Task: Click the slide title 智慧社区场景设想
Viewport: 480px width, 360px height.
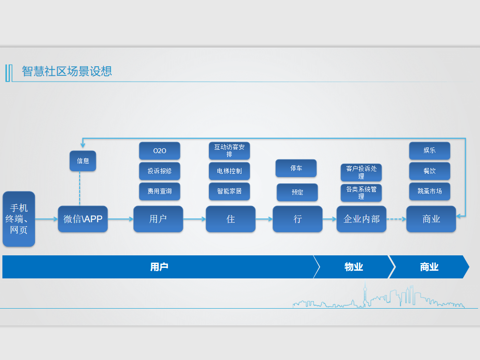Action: tap(67, 72)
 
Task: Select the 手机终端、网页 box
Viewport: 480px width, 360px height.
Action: tap(19, 219)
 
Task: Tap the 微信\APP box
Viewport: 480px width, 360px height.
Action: tap(83, 219)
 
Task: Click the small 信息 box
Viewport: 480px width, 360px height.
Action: tap(83, 161)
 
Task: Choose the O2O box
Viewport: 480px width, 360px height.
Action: tap(159, 151)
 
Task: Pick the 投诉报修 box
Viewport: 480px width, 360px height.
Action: tap(159, 171)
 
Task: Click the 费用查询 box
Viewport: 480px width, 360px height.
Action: tap(159, 191)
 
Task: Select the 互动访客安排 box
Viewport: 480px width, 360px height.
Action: tap(229, 151)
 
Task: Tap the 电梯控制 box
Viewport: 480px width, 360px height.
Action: tap(229, 171)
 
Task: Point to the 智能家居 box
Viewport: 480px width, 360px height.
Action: tap(229, 191)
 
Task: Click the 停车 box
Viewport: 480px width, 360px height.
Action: tap(296, 168)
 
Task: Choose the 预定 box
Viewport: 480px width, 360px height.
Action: tap(297, 192)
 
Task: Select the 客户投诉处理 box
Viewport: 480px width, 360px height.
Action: tap(361, 172)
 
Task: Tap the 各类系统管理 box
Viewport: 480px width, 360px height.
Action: tap(361, 192)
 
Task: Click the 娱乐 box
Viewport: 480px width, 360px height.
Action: tap(430, 150)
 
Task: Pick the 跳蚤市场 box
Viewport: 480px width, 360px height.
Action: tap(430, 191)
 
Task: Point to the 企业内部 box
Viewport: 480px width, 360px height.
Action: tap(361, 219)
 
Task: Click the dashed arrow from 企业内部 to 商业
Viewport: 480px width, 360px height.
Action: tap(396, 219)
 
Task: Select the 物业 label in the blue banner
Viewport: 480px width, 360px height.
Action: tap(354, 267)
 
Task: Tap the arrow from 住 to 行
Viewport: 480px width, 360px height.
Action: tap(264, 219)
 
